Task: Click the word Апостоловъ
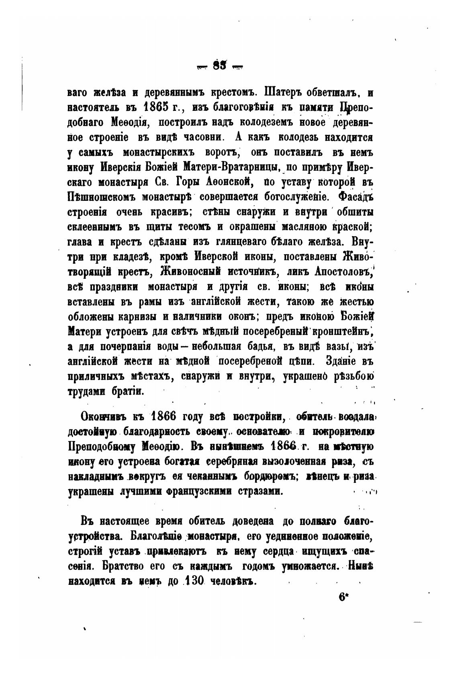point(345,272)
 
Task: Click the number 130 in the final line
point(194,581)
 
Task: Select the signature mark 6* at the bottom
point(343,596)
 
